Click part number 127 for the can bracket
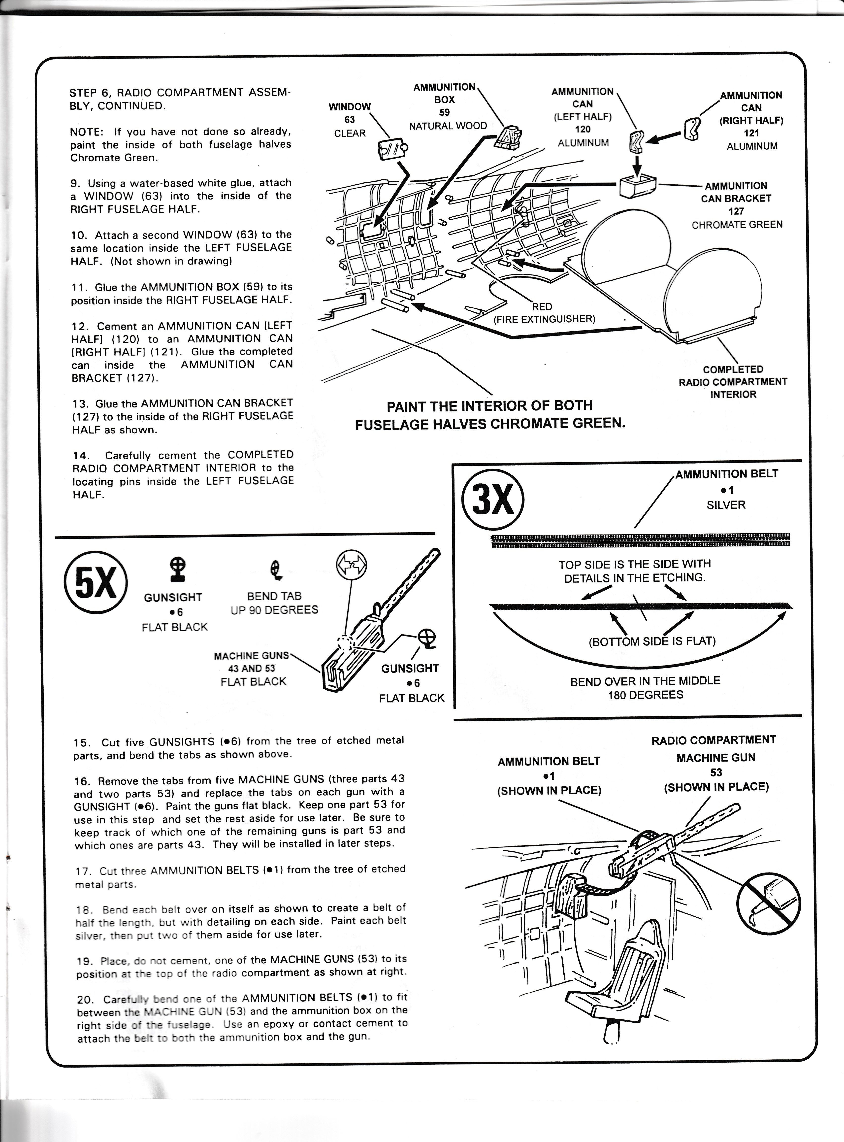[x=736, y=211]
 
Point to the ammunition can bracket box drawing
[x=637, y=185]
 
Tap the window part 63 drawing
[x=393, y=149]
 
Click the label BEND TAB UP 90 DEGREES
[x=274, y=603]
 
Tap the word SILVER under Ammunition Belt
[x=726, y=505]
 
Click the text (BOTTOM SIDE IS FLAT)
[x=652, y=641]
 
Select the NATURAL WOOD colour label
[x=448, y=126]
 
